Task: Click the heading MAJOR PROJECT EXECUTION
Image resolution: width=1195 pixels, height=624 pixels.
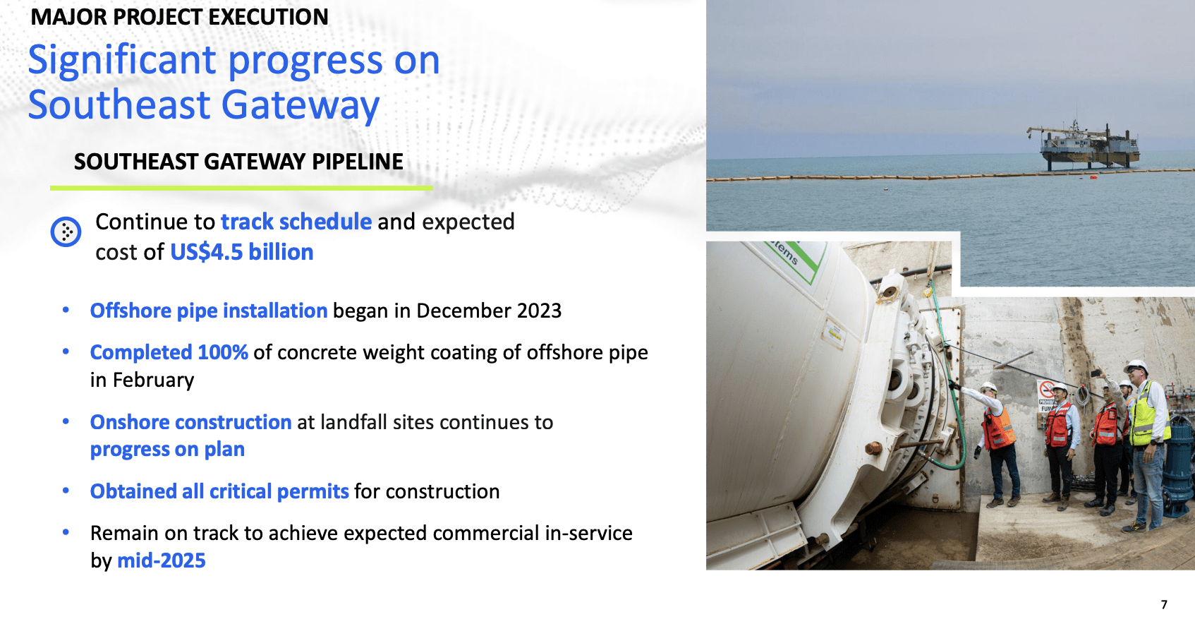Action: [x=179, y=17]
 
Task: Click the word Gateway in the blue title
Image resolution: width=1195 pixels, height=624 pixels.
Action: [x=300, y=105]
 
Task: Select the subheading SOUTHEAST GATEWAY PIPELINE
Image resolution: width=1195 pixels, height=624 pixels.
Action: [x=238, y=162]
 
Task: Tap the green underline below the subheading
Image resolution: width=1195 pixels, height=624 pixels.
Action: [x=241, y=188]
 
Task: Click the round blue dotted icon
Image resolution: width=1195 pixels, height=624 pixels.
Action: [x=66, y=232]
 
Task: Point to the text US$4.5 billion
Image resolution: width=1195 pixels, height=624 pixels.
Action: [x=242, y=252]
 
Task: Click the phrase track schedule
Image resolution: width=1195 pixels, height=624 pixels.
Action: [x=296, y=222]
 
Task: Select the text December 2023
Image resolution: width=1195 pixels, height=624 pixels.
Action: [x=489, y=311]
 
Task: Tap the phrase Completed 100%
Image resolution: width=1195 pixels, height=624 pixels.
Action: [x=169, y=352]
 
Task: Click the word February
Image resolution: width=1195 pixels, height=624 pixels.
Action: [x=153, y=380]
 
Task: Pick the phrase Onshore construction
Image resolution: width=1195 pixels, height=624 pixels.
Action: [x=190, y=422]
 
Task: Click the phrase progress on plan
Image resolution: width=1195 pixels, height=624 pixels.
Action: [x=167, y=450]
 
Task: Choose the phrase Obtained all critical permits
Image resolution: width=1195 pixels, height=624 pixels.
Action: [x=219, y=491]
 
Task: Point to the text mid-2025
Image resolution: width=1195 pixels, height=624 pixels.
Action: [x=161, y=560]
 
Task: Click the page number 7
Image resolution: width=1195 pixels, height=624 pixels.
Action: [x=1164, y=605]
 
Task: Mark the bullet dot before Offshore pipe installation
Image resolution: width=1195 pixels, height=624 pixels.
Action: [x=66, y=310]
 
